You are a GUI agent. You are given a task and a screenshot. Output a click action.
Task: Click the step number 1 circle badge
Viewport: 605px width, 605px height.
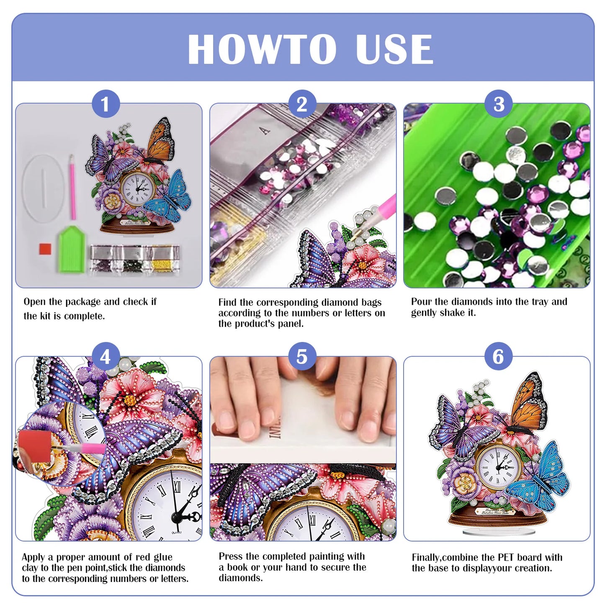point(106,104)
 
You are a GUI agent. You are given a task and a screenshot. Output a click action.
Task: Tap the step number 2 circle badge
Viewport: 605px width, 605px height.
point(302,104)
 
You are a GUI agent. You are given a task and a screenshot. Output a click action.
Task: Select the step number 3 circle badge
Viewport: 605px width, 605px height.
point(498,104)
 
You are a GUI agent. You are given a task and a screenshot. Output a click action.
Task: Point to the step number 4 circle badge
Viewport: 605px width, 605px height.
point(106,357)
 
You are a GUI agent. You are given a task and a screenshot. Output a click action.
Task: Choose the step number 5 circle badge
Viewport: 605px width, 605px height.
point(302,357)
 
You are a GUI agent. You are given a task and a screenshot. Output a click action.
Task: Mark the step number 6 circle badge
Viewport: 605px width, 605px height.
point(498,357)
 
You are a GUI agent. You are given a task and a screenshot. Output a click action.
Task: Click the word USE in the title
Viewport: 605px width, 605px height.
point(394,49)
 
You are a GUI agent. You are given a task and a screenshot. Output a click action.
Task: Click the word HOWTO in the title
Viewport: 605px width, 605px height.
point(262,49)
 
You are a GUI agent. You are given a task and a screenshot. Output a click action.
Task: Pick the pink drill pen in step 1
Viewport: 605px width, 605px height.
point(72,186)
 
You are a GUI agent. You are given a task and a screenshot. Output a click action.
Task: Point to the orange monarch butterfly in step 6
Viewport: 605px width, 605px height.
point(528,402)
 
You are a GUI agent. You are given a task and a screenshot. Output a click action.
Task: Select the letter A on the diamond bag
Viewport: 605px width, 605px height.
point(265,131)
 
